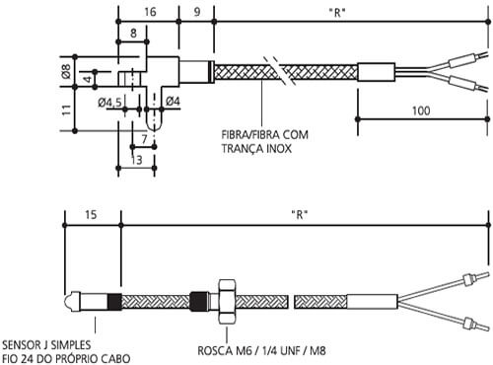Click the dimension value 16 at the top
150,12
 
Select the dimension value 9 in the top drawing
197,12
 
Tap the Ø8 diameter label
67,71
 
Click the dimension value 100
422,111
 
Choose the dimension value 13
136,159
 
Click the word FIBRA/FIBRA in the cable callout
250,135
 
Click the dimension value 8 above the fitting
133,33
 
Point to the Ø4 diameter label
171,102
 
